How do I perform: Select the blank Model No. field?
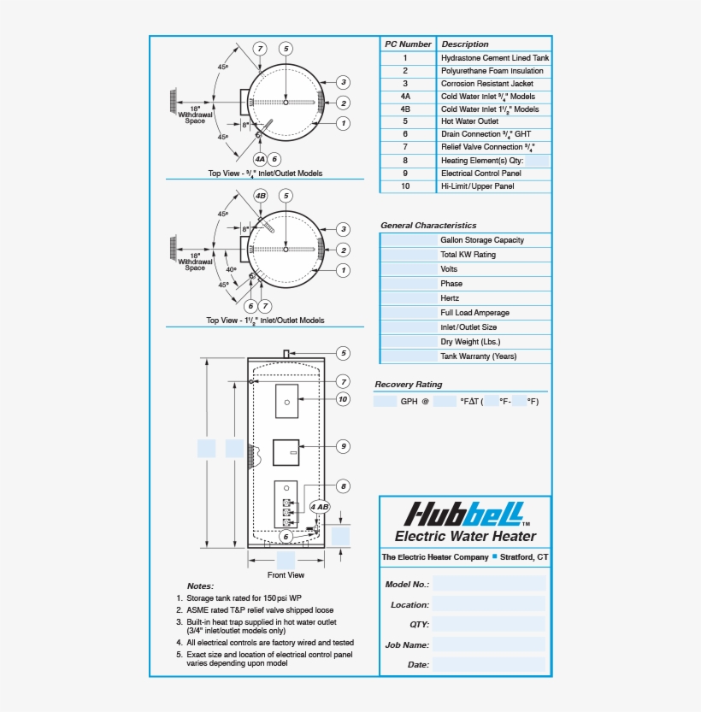[488, 584]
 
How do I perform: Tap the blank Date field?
[488, 664]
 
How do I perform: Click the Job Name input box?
[488, 644]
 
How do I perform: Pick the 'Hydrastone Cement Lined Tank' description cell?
[495, 58]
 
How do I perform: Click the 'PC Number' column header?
[408, 44]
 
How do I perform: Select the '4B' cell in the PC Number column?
[405, 109]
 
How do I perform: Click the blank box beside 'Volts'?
[408, 269]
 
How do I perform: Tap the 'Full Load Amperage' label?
[474, 313]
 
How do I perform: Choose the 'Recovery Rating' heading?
[409, 385]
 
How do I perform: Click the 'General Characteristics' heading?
[428, 226]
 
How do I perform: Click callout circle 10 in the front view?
[343, 398]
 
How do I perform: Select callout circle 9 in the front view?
[343, 446]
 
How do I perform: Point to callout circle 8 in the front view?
[343, 486]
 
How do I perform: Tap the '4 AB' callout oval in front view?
[319, 507]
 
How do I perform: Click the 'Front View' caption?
[286, 575]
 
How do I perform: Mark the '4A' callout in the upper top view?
[260, 159]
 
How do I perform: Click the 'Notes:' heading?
[200, 586]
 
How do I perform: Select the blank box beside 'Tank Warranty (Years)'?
[408, 356]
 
